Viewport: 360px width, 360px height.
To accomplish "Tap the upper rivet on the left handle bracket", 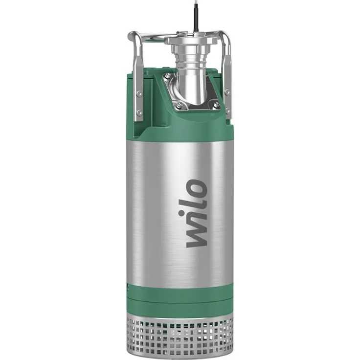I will pyautogui.click(x=140, y=92).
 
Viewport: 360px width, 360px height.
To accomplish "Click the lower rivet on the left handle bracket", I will pyautogui.click(x=140, y=112).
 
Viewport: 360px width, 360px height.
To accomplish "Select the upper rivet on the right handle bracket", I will pyautogui.click(x=227, y=91).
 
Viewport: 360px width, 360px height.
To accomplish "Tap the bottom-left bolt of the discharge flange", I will pyautogui.click(x=179, y=105).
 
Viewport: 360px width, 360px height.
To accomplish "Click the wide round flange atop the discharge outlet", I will pyautogui.click(x=194, y=40).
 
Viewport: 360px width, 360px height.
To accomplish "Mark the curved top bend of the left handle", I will pyautogui.click(x=132, y=36).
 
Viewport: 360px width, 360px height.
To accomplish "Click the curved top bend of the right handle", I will pyautogui.click(x=226, y=36).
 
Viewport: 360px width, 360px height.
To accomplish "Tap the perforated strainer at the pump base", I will pyautogui.click(x=180, y=328).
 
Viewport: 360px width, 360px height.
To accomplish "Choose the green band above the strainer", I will pyautogui.click(x=180, y=298).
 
